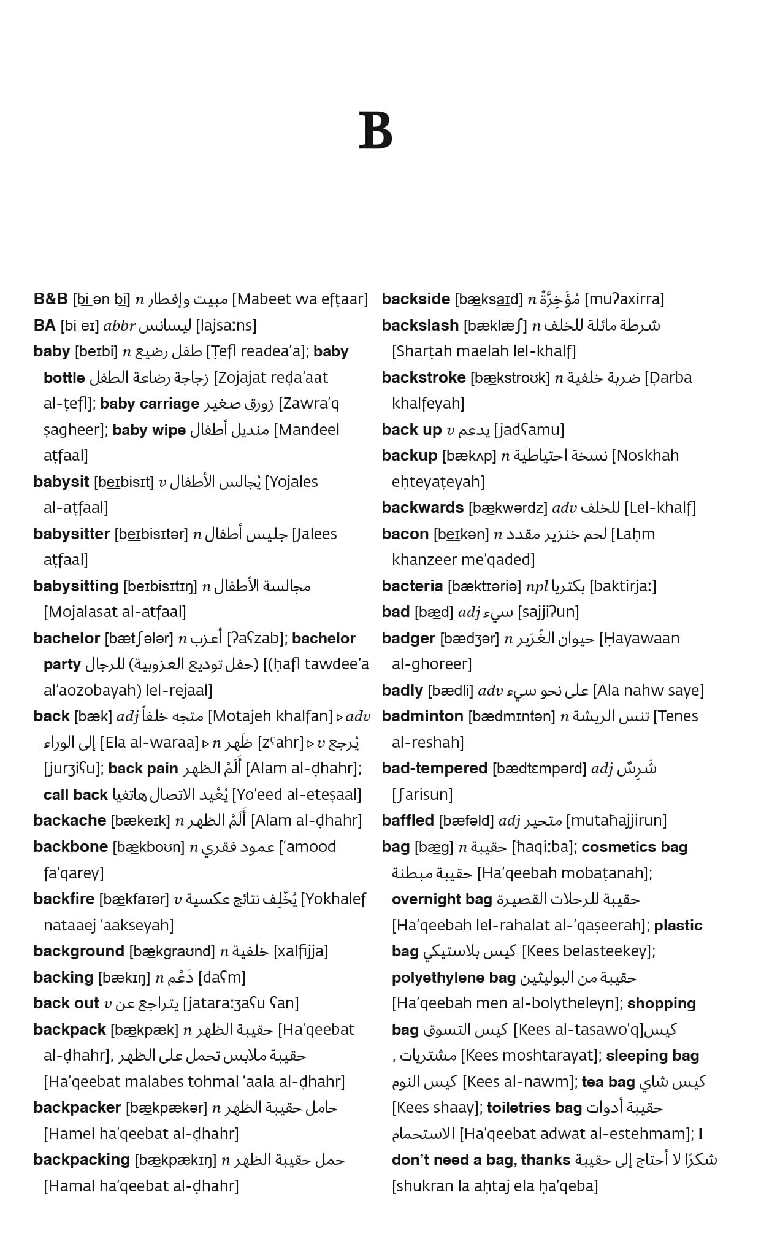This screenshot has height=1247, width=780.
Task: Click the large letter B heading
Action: [x=375, y=131]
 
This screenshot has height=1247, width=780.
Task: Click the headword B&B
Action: [x=50, y=299]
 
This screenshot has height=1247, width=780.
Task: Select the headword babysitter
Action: [x=72, y=534]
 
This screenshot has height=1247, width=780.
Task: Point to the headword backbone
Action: [x=71, y=847]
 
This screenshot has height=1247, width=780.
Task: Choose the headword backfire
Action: [x=64, y=899]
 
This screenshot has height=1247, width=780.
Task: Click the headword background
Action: [x=79, y=951]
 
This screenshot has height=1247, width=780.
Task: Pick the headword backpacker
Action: [x=77, y=1108]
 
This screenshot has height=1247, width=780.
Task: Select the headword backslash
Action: [x=420, y=326]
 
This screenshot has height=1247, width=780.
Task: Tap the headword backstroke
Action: [x=424, y=378]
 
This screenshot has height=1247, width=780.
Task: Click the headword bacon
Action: [x=405, y=534]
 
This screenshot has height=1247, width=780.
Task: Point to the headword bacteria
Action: [x=412, y=586]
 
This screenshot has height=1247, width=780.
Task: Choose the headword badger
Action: [x=408, y=639]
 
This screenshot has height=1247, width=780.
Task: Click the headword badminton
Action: [x=422, y=716]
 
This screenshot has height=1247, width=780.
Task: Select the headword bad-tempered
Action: [x=435, y=769]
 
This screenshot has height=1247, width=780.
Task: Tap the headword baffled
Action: [x=408, y=821]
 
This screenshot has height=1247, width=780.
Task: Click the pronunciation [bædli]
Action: [x=451, y=691]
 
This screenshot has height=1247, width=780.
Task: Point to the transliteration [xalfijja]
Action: [x=300, y=951]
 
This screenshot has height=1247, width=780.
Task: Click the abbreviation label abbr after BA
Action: [x=119, y=326]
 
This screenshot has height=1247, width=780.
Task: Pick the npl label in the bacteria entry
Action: [x=537, y=586]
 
